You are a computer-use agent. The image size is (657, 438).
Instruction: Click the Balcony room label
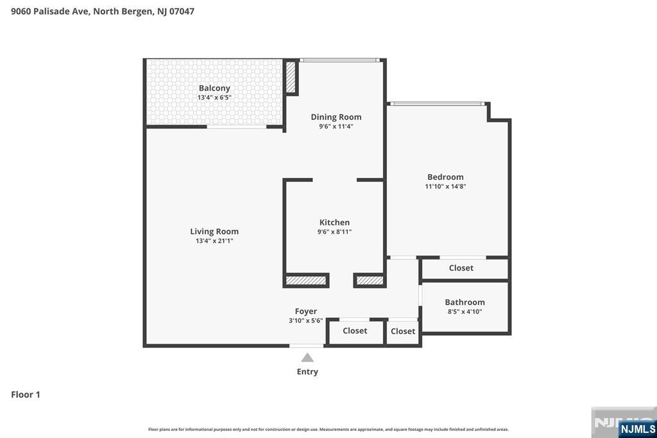[x=214, y=88]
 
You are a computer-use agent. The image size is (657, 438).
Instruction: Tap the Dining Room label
[x=336, y=117]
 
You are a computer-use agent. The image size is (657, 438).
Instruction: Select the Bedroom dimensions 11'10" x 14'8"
[x=445, y=187]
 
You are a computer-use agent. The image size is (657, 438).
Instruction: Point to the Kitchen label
[x=334, y=222]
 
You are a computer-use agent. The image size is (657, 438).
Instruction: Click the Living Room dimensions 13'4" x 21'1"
[x=214, y=241]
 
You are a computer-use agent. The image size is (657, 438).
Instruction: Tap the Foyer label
[x=306, y=311]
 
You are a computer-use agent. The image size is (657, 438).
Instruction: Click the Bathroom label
[x=465, y=302]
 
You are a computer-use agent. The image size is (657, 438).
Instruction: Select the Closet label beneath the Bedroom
[x=461, y=268]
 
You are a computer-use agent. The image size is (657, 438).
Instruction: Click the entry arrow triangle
[x=307, y=358]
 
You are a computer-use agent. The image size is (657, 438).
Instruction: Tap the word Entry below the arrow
[x=307, y=371]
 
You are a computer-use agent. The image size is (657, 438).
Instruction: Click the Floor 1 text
[x=26, y=394]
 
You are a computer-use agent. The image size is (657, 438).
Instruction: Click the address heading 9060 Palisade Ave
[x=103, y=11]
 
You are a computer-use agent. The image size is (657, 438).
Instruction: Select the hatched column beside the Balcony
[x=291, y=76]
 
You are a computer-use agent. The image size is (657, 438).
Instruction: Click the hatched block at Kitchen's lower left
[x=306, y=281]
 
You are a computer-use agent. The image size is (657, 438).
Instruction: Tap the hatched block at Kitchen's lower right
[x=370, y=281]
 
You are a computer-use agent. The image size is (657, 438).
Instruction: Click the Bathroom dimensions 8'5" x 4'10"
[x=465, y=311]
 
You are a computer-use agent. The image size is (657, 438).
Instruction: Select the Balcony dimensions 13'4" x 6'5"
[x=214, y=98]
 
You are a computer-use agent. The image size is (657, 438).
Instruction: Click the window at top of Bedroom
[x=437, y=103]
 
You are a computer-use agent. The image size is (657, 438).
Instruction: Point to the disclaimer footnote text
[x=328, y=429]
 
